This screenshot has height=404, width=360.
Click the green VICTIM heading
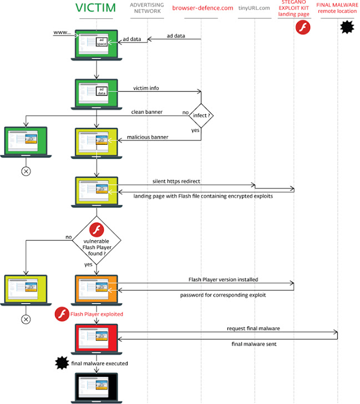[96, 8]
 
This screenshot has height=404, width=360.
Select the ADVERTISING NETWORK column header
[146, 8]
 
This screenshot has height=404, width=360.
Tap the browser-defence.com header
[202, 8]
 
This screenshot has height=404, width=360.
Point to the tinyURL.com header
[254, 8]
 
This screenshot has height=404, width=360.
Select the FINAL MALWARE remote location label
[337, 8]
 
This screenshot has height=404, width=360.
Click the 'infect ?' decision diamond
[201, 116]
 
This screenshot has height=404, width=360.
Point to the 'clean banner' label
[146, 112]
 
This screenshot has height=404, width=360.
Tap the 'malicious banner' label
[151, 137]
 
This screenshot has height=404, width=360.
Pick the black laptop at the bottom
[97, 387]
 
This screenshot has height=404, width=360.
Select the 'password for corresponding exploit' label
[223, 295]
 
